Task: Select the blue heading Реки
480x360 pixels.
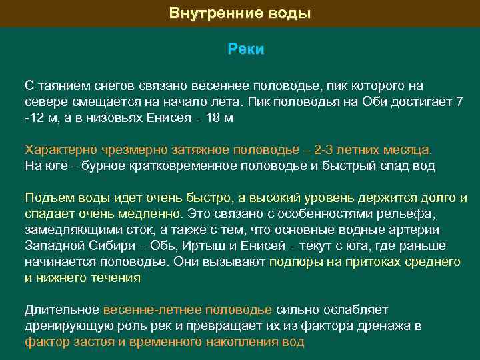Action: tap(246, 49)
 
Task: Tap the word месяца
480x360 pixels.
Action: tap(406, 149)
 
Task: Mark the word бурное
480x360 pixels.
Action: tap(101, 165)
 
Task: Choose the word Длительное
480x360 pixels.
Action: tap(62, 310)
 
